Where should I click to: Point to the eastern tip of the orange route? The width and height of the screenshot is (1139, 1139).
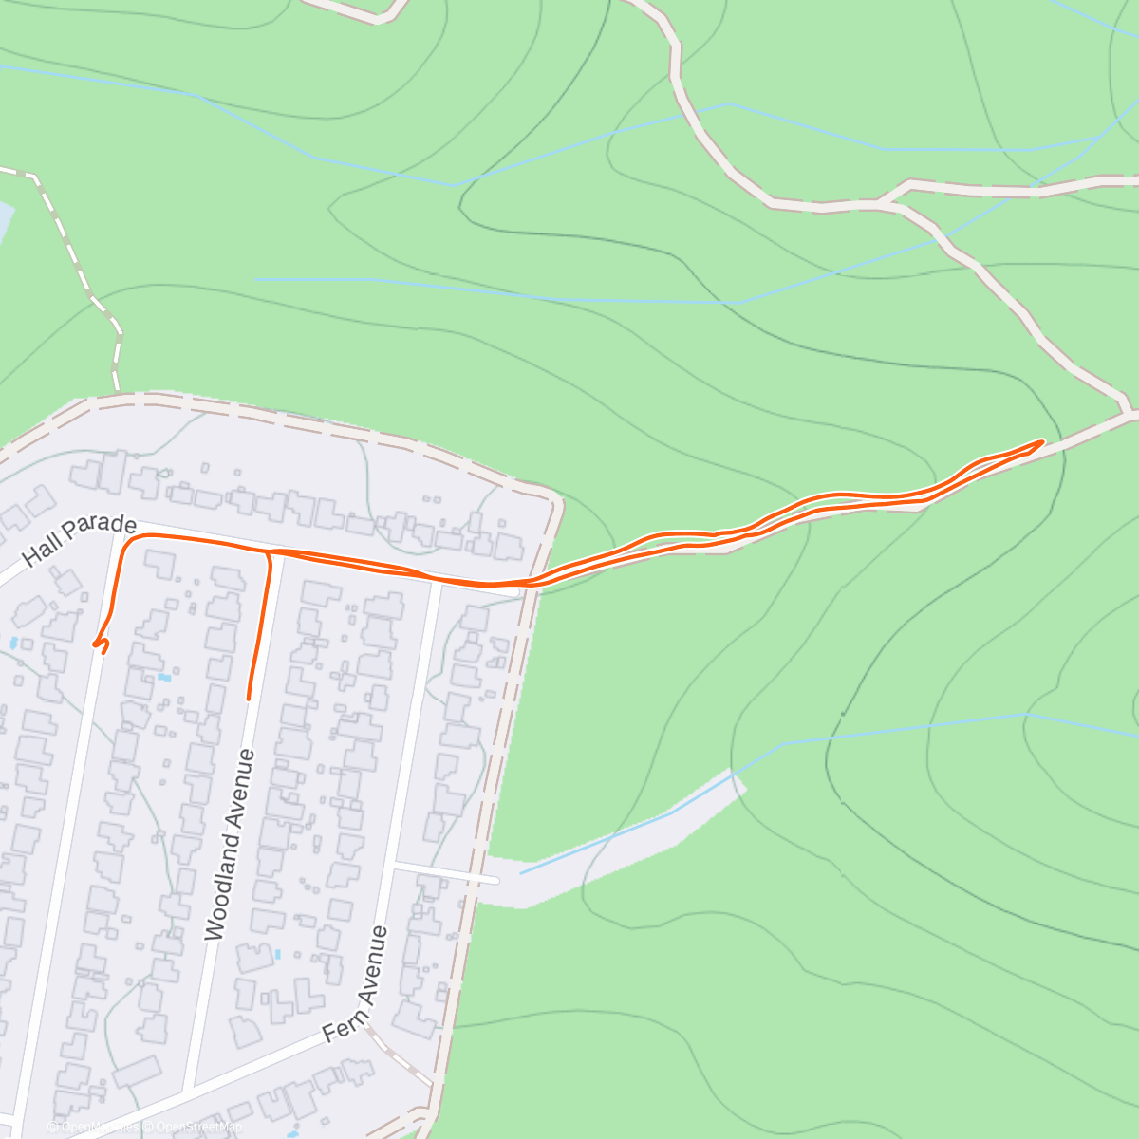click(x=1043, y=441)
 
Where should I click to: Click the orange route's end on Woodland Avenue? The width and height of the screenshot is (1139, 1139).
click(x=249, y=699)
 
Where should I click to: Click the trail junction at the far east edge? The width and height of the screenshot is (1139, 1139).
click(x=1130, y=415)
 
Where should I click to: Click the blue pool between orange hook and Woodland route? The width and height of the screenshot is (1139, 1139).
click(x=165, y=678)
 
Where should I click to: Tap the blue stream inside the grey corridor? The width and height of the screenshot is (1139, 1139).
click(x=626, y=831)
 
